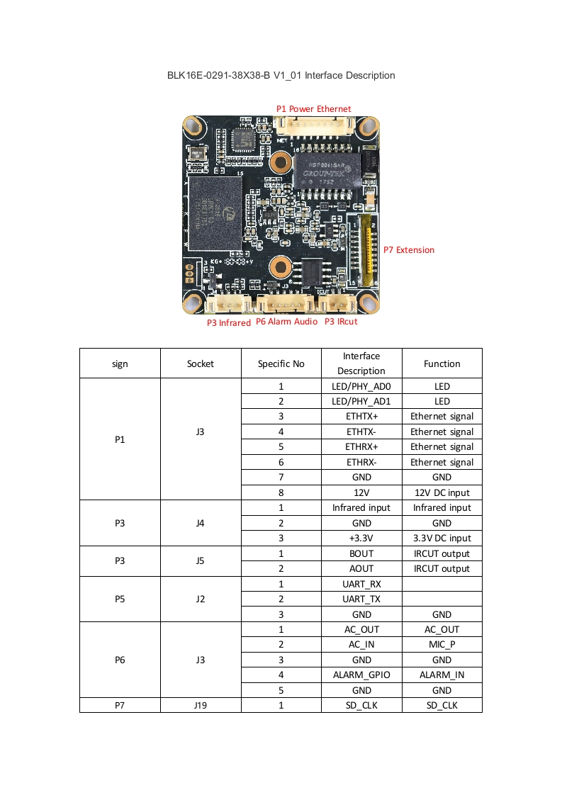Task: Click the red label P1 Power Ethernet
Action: pyautogui.click(x=313, y=108)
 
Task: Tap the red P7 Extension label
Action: pyautogui.click(x=409, y=249)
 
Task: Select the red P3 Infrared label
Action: pyautogui.click(x=228, y=322)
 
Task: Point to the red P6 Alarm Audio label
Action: pyautogui.click(x=286, y=322)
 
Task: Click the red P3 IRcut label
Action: pyautogui.click(x=341, y=322)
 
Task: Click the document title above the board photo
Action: pyautogui.click(x=281, y=75)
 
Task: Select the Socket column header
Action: pyautogui.click(x=201, y=363)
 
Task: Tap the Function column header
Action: pyautogui.click(x=442, y=363)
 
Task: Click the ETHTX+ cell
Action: pyautogui.click(x=361, y=417)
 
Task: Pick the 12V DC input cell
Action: pyautogui.click(x=442, y=492)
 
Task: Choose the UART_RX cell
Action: pyautogui.click(x=361, y=584)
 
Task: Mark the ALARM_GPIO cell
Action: pyautogui.click(x=361, y=675)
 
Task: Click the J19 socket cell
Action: pyautogui.click(x=201, y=705)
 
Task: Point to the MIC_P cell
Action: pyautogui.click(x=442, y=644)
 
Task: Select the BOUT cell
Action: pyautogui.click(x=361, y=553)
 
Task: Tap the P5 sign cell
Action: pyautogui.click(x=120, y=599)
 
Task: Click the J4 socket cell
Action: pyautogui.click(x=201, y=523)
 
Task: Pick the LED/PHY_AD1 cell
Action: pyautogui.click(x=361, y=401)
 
